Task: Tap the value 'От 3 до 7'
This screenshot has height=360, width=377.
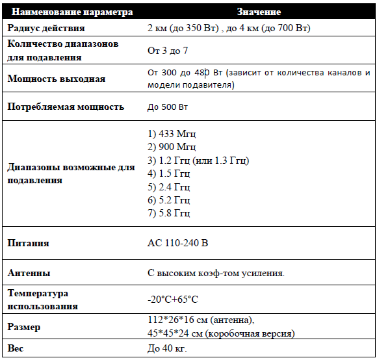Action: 168,50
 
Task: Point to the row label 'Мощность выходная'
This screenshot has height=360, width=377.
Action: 56,79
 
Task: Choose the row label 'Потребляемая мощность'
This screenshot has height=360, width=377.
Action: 66,107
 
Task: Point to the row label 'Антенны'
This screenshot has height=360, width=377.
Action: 29,274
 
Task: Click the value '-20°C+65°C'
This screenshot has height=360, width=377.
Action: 173,300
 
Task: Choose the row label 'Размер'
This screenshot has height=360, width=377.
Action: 24,327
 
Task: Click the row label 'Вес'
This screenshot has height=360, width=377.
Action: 15,350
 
